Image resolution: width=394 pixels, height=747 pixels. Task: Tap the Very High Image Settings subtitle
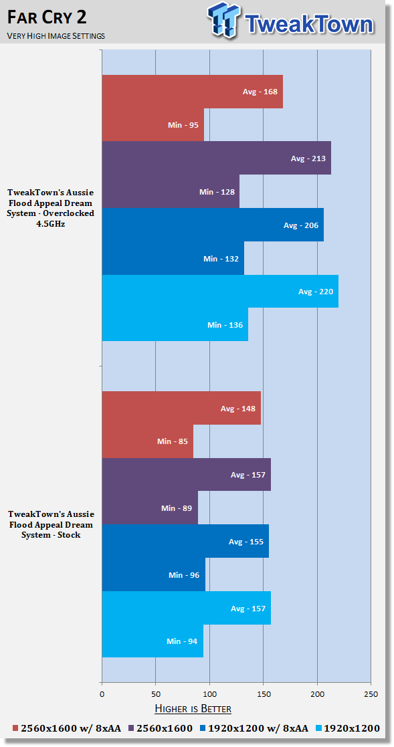[x=56, y=35]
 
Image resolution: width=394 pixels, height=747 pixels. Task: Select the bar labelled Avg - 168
[x=193, y=92]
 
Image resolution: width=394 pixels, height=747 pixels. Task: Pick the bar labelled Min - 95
[x=153, y=125]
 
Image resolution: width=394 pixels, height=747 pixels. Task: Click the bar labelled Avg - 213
[x=216, y=158]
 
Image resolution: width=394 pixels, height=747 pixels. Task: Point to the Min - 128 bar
[x=171, y=191]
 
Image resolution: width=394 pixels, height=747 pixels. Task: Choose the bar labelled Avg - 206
[x=213, y=225]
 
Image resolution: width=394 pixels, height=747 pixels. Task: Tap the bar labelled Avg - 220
[x=220, y=291]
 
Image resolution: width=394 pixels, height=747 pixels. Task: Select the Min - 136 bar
[x=175, y=324]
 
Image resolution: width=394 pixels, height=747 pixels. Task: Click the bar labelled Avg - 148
[x=181, y=408]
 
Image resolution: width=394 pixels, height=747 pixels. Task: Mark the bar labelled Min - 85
[x=148, y=441]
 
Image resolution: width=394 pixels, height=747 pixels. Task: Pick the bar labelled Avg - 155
[x=185, y=541]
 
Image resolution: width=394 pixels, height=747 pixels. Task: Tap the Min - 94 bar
[x=153, y=641]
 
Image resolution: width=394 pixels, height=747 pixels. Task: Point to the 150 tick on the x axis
[x=263, y=693]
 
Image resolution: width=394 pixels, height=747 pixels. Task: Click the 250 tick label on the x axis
[x=371, y=693]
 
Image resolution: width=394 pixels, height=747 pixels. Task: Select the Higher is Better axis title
[x=193, y=709]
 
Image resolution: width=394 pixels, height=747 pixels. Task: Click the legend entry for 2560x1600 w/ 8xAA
[x=66, y=728]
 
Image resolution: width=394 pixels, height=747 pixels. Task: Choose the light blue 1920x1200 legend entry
[x=348, y=728]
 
